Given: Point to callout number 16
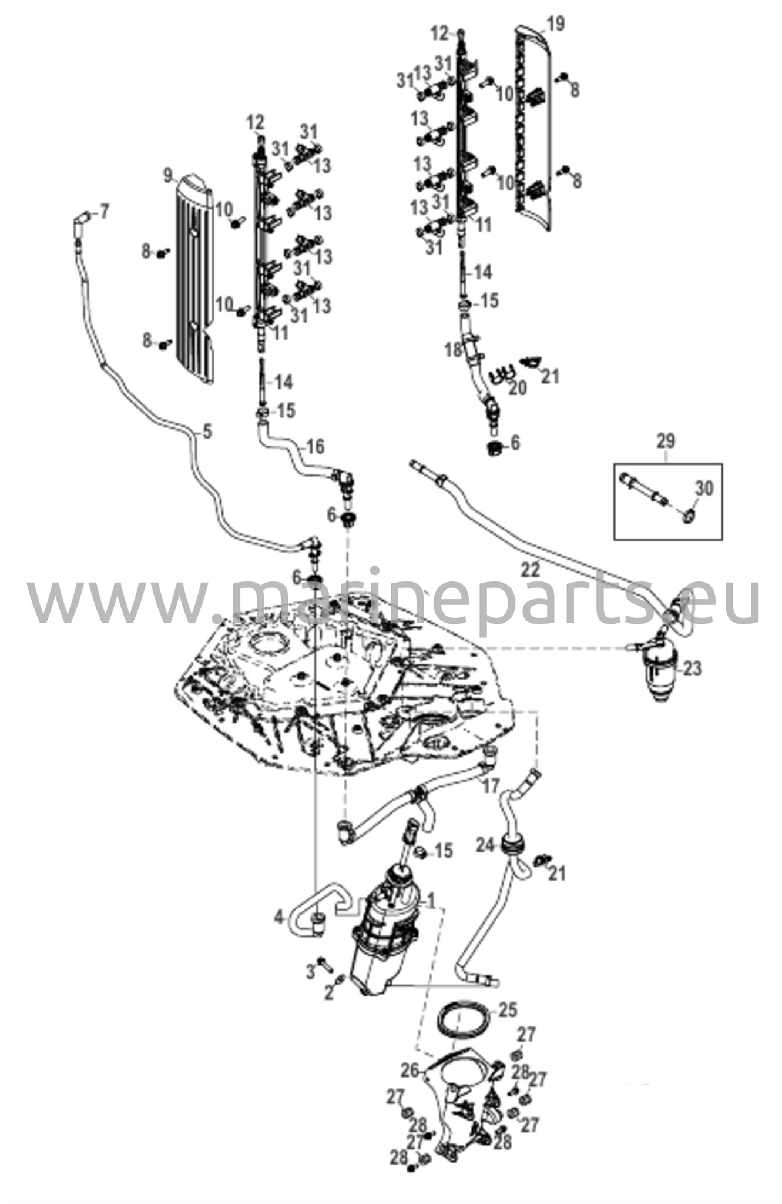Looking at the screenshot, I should point(315,447).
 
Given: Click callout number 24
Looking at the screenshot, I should point(484,845).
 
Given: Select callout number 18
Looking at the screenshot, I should point(453,350).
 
